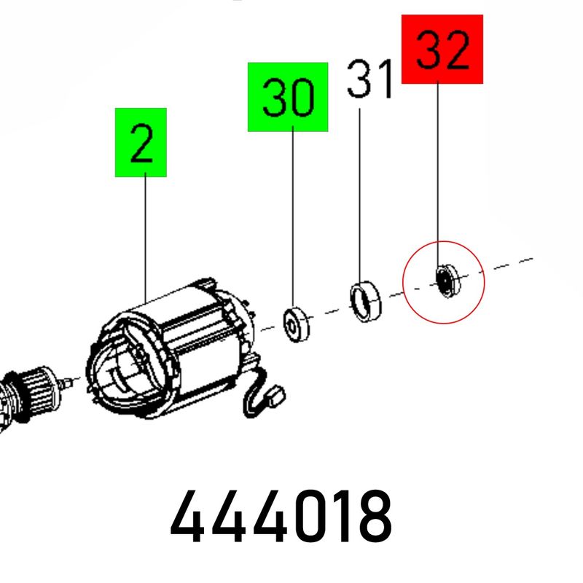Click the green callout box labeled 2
[141, 142]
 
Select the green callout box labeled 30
[288, 97]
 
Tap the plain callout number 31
[369, 79]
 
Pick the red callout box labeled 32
[442, 49]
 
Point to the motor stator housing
[171, 349]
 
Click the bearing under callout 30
[296, 324]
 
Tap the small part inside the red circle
[447, 281]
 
